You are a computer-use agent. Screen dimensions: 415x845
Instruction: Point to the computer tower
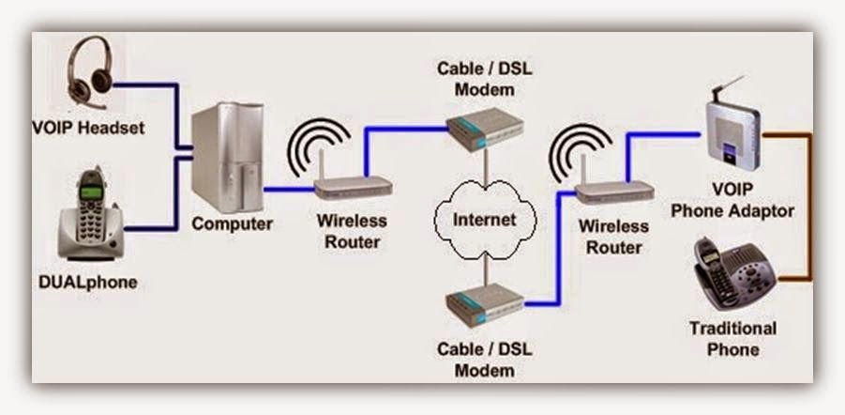(x=227, y=160)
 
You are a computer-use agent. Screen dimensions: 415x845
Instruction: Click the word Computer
(x=232, y=224)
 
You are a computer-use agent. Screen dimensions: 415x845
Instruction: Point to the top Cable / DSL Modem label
(x=482, y=80)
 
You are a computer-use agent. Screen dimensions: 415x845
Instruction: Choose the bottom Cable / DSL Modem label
(x=482, y=359)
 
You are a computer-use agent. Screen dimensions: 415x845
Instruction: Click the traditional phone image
(x=735, y=277)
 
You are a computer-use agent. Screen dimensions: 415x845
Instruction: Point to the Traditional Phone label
(x=732, y=339)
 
